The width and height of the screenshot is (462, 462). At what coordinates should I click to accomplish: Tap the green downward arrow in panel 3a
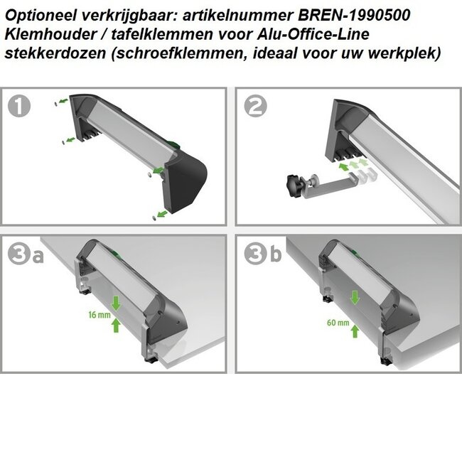116,303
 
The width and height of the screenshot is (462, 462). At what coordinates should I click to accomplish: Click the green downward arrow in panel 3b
353,296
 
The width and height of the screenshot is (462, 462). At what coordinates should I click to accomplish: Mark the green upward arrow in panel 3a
116,326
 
